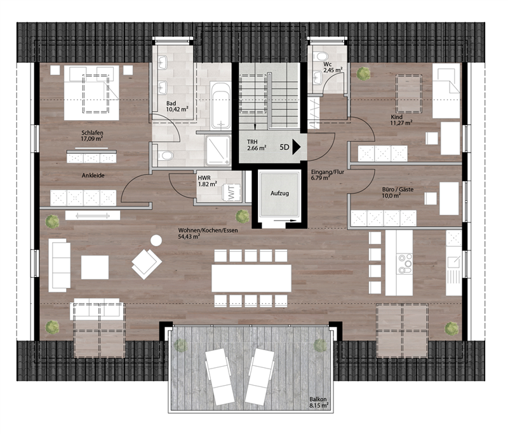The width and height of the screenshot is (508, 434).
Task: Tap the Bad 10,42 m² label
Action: click(x=177, y=106)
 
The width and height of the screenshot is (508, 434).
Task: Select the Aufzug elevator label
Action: click(x=279, y=193)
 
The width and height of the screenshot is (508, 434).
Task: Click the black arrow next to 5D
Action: click(x=297, y=147)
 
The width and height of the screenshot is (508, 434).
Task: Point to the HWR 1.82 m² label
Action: click(x=208, y=181)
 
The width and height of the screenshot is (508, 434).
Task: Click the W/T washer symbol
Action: click(x=231, y=193)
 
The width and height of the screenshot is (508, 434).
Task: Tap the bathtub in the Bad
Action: click(x=220, y=105)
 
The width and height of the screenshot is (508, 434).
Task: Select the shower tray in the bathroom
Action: click(x=218, y=150)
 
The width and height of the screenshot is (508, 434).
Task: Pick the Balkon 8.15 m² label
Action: click(x=319, y=402)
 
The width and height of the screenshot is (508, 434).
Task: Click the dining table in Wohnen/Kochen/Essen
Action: click(x=251, y=278)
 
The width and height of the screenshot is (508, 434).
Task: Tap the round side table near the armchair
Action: click(x=156, y=240)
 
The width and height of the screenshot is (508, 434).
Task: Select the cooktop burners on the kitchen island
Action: click(x=405, y=264)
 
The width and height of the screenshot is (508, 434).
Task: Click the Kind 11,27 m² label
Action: click(x=401, y=119)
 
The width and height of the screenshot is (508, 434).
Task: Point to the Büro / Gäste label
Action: click(x=398, y=189)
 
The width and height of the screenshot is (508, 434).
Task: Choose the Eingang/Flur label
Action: click(x=327, y=172)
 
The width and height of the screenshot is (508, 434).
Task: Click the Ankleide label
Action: click(x=93, y=175)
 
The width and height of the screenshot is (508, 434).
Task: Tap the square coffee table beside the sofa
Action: click(x=95, y=268)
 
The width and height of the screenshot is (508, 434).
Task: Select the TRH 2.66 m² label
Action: click(x=257, y=145)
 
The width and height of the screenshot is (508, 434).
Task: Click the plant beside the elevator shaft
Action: click(x=243, y=216)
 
